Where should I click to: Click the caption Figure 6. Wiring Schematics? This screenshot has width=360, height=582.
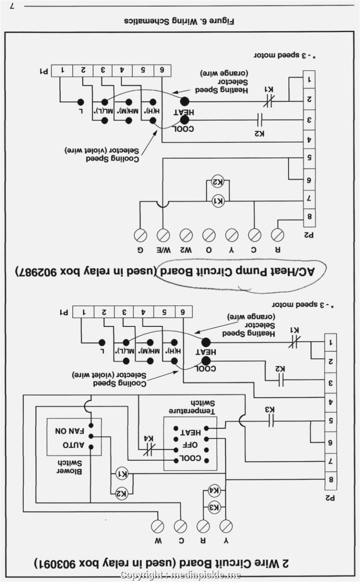click(x=179, y=21)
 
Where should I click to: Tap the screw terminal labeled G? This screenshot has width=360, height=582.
click(x=140, y=235)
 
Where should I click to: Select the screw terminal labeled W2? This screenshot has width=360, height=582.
click(x=186, y=235)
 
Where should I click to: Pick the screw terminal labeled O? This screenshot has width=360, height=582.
click(x=209, y=235)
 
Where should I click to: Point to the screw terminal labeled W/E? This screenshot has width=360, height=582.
click(x=163, y=235)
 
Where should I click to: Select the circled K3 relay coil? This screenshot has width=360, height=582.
click(x=214, y=508)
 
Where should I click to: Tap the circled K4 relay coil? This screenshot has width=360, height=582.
click(x=214, y=491)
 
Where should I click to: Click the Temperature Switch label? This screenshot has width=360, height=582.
click(x=192, y=407)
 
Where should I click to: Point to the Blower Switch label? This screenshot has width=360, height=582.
click(x=69, y=467)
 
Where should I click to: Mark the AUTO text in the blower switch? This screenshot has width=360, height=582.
click(x=73, y=445)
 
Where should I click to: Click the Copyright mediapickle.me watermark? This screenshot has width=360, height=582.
click(x=180, y=575)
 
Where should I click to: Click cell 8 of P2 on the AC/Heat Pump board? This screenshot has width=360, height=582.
click(x=310, y=216)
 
